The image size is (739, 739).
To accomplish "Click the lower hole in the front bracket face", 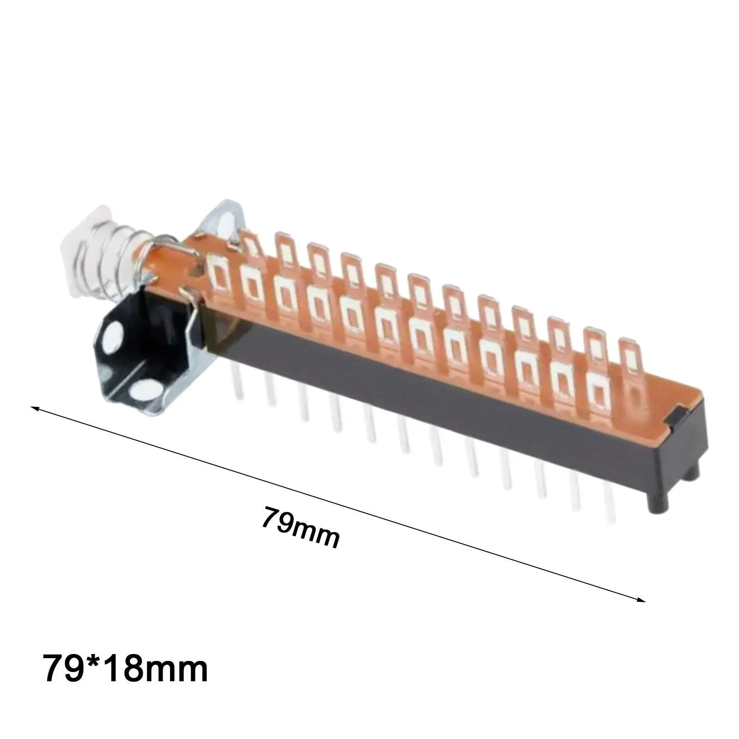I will click(140, 393).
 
